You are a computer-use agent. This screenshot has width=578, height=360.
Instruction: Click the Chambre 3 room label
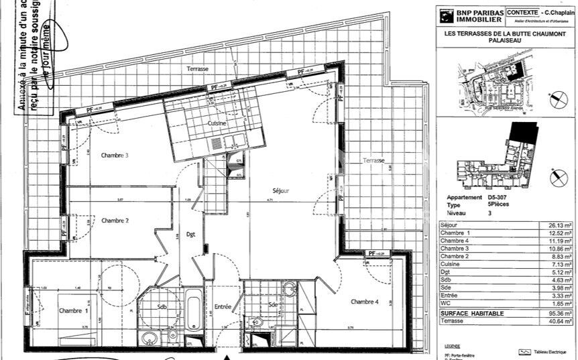click(x=115, y=156)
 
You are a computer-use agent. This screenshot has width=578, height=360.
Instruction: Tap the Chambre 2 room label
click(x=115, y=221)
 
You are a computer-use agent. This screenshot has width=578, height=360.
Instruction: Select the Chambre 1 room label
click(x=72, y=310)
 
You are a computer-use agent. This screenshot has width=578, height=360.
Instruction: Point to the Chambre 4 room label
click(x=365, y=302)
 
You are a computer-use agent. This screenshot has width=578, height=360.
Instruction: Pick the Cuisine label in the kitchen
click(x=217, y=124)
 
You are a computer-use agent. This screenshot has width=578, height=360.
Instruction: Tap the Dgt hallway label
click(x=190, y=234)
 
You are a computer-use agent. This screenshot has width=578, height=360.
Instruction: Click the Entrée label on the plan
click(x=222, y=306)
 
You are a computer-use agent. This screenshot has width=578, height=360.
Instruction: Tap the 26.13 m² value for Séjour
click(x=560, y=225)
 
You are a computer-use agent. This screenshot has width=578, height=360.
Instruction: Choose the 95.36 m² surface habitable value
click(x=559, y=312)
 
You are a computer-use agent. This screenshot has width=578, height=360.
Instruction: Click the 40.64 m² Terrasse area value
click(x=559, y=320)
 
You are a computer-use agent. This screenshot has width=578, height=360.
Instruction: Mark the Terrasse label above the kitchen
click(x=198, y=69)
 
